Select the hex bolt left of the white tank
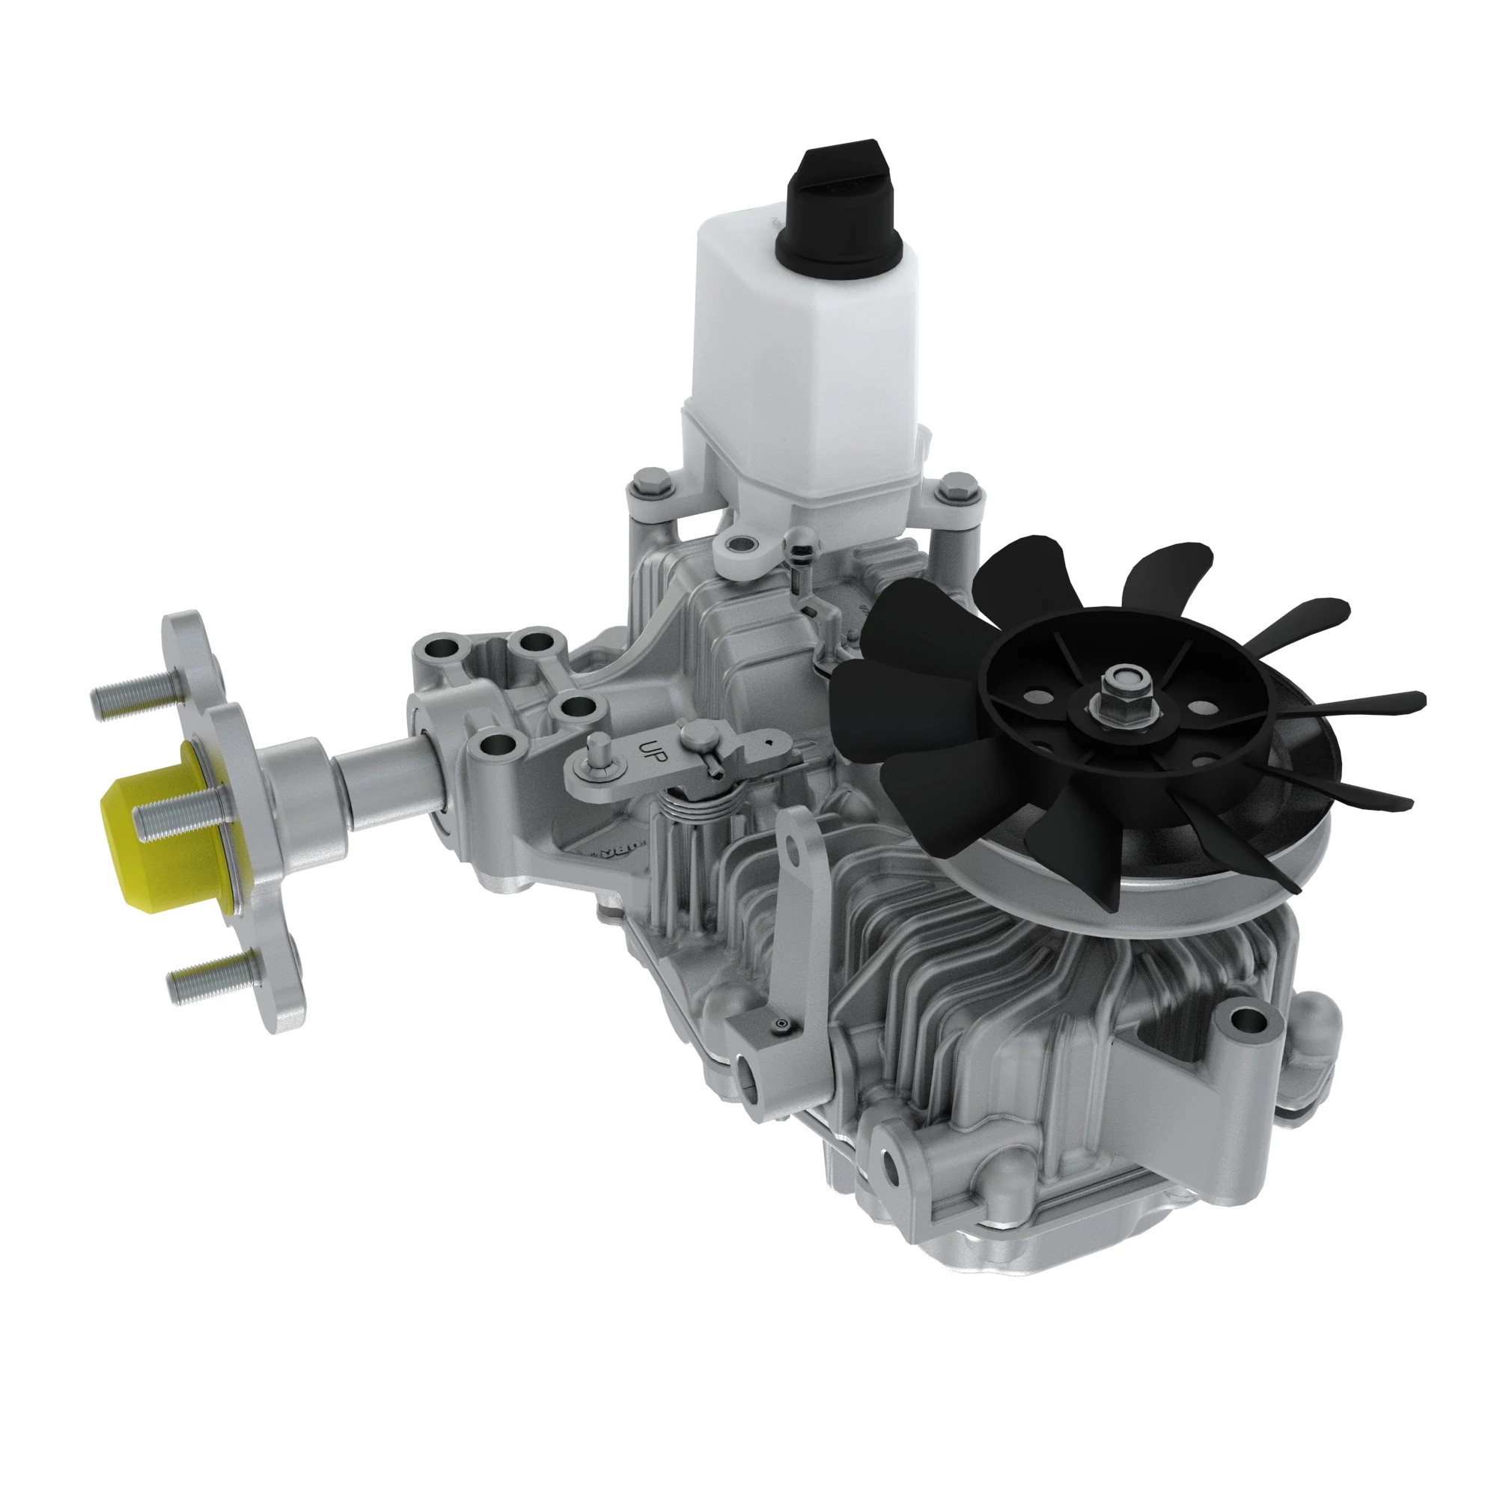tap(649, 484)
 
